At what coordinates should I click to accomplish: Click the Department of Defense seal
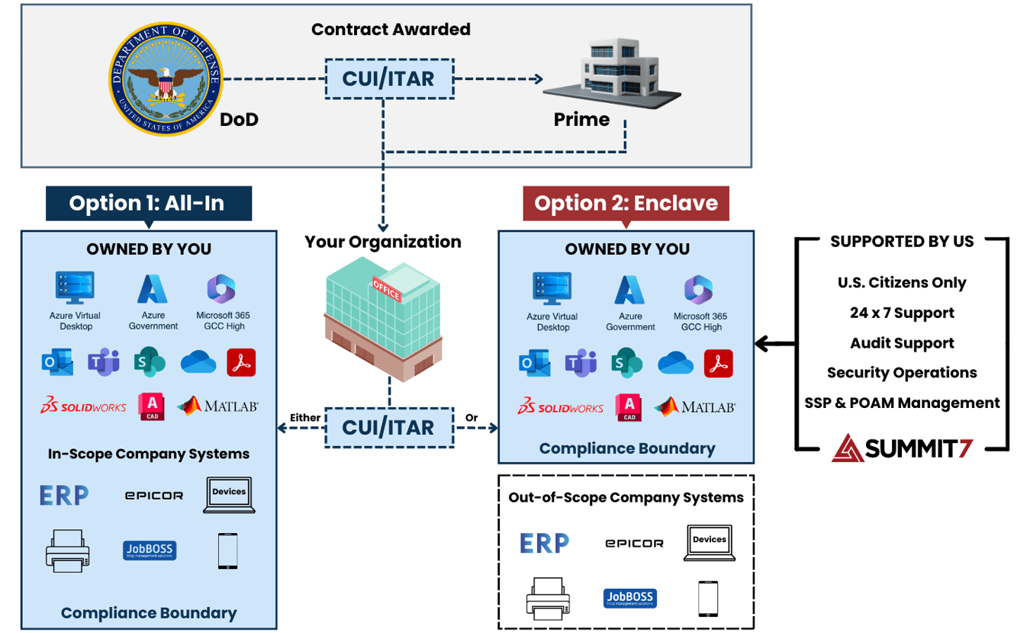pos(165,79)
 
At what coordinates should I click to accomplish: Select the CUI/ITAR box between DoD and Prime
pos(388,79)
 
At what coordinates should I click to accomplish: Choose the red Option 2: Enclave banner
pos(626,203)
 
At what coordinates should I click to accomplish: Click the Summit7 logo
pos(902,448)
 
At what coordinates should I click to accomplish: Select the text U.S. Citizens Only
pos(902,283)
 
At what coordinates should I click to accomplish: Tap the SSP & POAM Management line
pos(902,403)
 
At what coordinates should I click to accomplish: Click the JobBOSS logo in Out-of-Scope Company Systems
pos(630,599)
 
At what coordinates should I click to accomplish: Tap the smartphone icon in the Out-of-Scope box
pos(708,599)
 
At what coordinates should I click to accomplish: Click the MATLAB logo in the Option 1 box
pos(218,406)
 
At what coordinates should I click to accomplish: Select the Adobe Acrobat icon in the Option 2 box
pos(718,364)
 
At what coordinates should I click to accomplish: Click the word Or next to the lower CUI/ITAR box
pos(472,418)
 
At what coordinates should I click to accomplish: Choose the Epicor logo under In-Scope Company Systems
pos(154,496)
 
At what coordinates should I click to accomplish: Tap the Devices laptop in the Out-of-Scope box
pos(710,543)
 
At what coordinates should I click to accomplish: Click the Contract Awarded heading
pos(391,30)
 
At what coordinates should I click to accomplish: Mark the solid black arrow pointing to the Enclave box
pos(772,344)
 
